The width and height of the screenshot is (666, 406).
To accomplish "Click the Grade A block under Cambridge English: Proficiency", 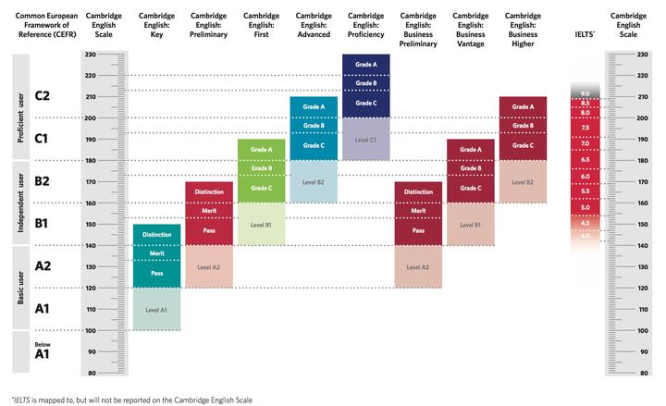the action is coord(365,65).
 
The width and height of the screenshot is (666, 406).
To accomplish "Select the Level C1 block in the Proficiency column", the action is coord(365,140).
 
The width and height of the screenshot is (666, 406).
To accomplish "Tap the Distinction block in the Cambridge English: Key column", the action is coord(156,235).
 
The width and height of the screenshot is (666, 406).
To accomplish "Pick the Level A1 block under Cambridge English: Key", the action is coord(156,309).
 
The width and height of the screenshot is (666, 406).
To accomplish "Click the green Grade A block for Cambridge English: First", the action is coord(261,150).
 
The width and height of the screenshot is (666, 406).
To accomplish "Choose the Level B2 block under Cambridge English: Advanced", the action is coord(314,182).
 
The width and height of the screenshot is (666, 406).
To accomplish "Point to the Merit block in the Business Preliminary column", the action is coord(418,211).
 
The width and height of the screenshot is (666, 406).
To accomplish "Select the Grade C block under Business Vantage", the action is coord(471,189).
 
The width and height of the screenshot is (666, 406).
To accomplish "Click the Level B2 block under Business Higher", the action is coord(523,182).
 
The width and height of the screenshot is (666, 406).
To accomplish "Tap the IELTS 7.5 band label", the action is coord(586,128).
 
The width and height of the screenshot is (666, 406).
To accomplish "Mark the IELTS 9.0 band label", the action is coord(586,93).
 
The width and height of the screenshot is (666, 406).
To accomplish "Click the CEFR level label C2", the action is coord(42,95).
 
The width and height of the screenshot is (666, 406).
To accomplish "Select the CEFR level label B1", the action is coord(42,223).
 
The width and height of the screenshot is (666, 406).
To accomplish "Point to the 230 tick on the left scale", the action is coord(91,55).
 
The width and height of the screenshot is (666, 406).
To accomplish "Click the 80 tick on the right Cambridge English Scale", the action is coord(644,373).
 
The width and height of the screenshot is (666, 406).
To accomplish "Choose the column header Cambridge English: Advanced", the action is coord(314,25).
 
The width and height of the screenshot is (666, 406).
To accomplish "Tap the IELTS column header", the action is coord(585,34).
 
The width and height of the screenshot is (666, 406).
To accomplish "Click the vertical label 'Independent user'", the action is coord(20,203).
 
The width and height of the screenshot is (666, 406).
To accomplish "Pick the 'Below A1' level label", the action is coord(42,351).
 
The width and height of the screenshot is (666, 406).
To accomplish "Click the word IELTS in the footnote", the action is coord(21,400).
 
